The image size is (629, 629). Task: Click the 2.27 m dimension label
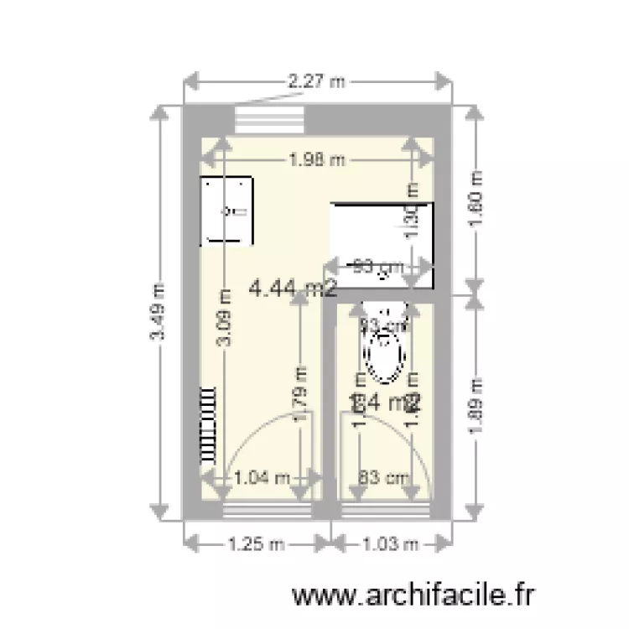pyautogui.click(x=316, y=81)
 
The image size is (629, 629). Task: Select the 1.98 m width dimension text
pyautogui.click(x=315, y=159)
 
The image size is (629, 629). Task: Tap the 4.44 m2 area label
pyautogui.click(x=294, y=289)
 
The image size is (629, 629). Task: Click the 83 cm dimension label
pyautogui.click(x=383, y=478)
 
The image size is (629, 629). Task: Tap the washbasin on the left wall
pyautogui.click(x=226, y=211)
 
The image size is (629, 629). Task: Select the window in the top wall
pyautogui.click(x=269, y=118)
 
